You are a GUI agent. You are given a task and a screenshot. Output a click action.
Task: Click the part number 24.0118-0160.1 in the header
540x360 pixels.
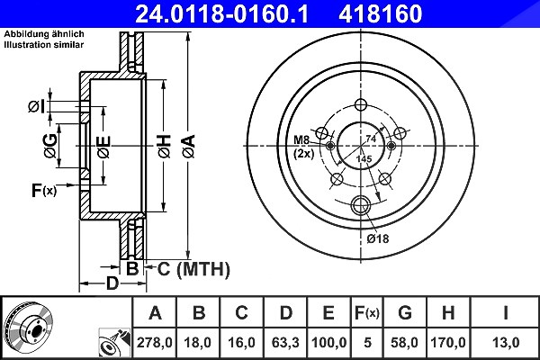click(x=221, y=13)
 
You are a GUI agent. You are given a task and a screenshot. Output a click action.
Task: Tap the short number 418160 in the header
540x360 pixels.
click(x=381, y=13)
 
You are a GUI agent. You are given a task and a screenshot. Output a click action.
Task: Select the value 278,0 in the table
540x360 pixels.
click(x=154, y=342)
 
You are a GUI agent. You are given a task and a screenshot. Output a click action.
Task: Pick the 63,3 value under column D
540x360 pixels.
click(x=285, y=342)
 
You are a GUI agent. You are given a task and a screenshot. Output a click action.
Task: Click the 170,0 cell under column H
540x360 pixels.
click(x=448, y=342)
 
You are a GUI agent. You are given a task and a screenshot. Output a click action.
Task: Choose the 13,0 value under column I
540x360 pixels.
click(x=506, y=342)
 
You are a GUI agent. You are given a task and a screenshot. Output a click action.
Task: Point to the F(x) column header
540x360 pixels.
click(x=367, y=313)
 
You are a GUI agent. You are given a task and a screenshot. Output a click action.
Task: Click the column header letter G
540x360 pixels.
click(x=405, y=313)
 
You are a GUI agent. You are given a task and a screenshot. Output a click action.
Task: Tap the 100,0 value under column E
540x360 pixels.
click(x=328, y=342)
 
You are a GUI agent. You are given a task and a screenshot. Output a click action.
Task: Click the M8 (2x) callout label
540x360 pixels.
click(x=303, y=147)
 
